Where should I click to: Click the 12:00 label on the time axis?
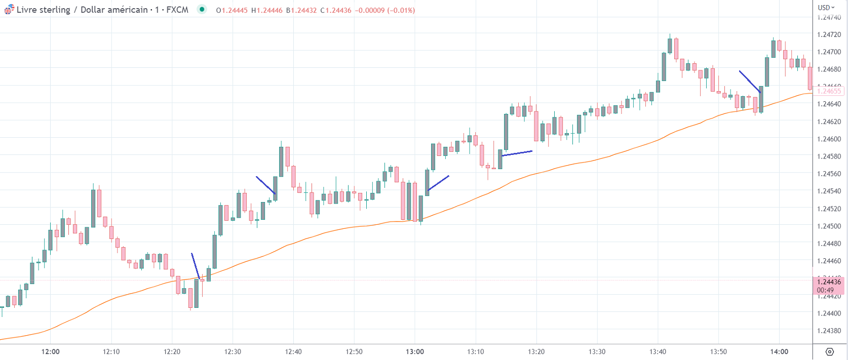(x=51, y=352)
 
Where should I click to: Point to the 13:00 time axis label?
(x=415, y=352)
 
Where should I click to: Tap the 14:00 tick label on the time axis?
(x=779, y=352)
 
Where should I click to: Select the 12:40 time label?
(x=293, y=352)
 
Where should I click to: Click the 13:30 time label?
(x=597, y=352)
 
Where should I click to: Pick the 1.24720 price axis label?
(x=829, y=35)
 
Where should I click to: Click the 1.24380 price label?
(x=829, y=331)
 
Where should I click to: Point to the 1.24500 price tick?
(x=829, y=226)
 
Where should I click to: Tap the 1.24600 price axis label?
(x=829, y=139)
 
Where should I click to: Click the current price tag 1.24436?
(x=829, y=282)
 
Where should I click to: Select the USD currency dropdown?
(x=826, y=8)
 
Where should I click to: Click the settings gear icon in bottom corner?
(x=829, y=352)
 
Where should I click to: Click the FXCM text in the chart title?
(x=177, y=10)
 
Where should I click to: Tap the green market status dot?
(x=202, y=9)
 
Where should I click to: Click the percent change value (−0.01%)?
(x=401, y=10)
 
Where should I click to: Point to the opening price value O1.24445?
(x=232, y=10)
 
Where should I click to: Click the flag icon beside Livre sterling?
(x=9, y=10)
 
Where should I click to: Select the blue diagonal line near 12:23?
(x=195, y=266)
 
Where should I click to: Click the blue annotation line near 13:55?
(x=749, y=81)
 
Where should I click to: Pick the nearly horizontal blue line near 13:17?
(x=517, y=153)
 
